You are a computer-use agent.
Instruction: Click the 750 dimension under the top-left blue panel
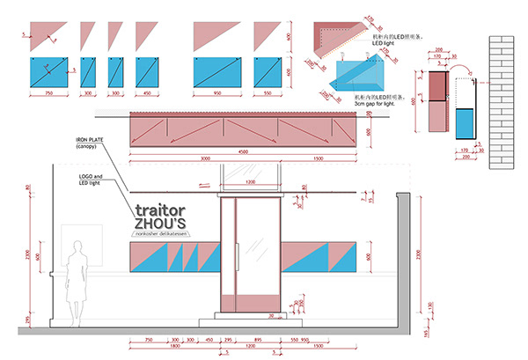pyautogui.click(x=49, y=92)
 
